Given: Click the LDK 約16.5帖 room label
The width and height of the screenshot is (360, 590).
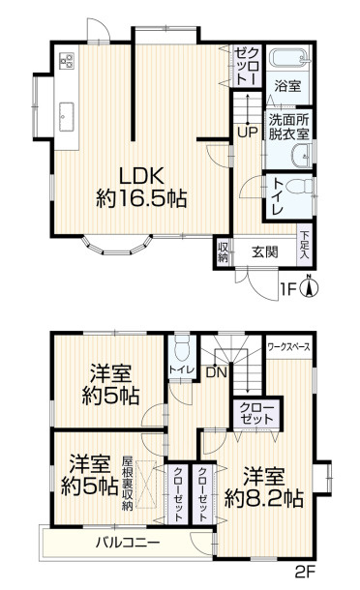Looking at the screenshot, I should coord(140,187).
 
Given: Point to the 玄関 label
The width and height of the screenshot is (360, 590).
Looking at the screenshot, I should coord(265,252).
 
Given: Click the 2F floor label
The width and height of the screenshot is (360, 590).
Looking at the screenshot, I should coord(305,572).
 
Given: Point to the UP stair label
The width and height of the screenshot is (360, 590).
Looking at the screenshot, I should coord(246,132).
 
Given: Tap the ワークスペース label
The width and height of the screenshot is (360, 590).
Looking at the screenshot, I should coord(288,343).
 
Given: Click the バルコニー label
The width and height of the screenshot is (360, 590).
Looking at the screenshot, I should coord(128,543).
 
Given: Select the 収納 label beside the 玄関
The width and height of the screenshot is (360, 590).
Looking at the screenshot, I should coord(224,251).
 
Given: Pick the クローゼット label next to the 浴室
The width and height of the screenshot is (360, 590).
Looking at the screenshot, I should coord(246,66).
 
